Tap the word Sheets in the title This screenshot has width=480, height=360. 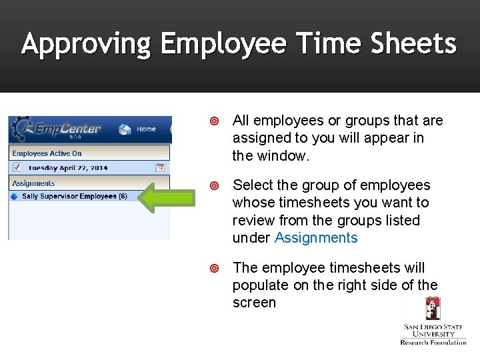413,45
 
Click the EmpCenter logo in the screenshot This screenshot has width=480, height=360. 60,129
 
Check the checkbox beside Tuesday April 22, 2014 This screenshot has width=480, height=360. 17,167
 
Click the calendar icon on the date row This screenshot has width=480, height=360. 160,167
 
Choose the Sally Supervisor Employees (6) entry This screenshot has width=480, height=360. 74,197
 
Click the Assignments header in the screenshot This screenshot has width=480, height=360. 33,183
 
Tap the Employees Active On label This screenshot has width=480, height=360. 47,153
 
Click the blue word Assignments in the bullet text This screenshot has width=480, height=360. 316,238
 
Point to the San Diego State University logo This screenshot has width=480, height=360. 433,321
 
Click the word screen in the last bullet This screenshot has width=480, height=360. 254,303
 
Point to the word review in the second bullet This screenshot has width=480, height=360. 253,220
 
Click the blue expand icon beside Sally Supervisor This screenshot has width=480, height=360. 14,197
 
